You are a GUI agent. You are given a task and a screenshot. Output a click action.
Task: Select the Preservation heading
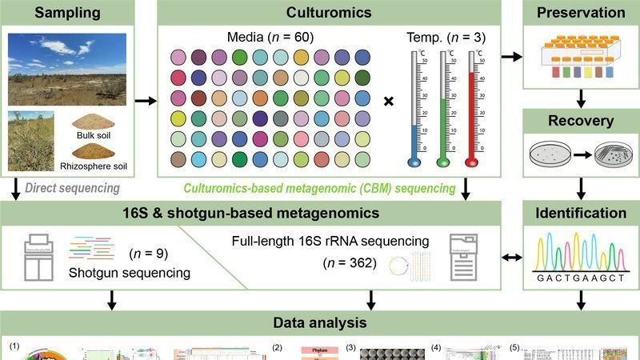click(580, 13)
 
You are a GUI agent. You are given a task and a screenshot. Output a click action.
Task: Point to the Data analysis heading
click(320, 324)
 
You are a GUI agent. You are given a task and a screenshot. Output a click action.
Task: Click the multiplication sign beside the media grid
click(389, 102)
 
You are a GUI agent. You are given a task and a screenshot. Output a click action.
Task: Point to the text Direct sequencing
click(73, 189)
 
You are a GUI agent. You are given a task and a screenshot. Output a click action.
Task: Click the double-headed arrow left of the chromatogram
click(506, 258)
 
